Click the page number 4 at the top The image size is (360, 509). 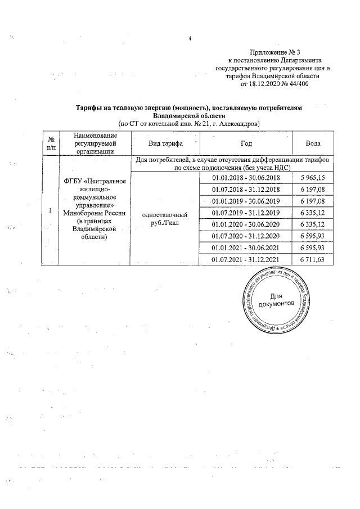(190, 38)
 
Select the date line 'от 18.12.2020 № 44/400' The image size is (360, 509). (274, 83)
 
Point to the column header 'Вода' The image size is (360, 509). (313, 143)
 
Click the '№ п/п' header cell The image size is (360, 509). (51, 143)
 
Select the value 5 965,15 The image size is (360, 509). (313, 178)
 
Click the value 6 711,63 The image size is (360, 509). (313, 259)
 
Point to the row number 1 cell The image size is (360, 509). (51, 211)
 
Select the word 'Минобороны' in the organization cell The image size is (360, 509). (82, 213)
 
